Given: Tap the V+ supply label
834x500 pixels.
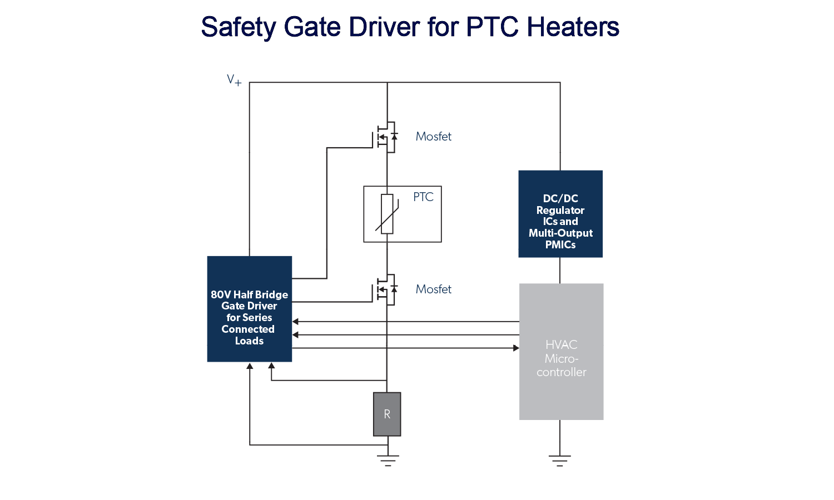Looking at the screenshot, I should [234, 81].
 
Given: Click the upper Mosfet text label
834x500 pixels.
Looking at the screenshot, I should [433, 137].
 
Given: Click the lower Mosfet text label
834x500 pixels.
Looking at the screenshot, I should [433, 289].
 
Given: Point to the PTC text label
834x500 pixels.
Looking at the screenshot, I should [423, 197].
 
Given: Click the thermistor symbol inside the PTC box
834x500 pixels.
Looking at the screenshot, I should [387, 214].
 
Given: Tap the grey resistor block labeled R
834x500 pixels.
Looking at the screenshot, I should [387, 414].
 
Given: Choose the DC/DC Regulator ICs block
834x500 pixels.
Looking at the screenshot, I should [560, 214].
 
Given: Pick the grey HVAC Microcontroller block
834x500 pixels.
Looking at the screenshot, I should [561, 352].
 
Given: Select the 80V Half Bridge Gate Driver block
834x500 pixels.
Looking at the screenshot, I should [249, 309].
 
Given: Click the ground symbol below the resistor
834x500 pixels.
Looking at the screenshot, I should [388, 461].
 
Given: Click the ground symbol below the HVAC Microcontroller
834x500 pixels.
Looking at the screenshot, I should [560, 461].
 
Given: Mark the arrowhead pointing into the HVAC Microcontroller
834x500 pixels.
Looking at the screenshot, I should [516, 348].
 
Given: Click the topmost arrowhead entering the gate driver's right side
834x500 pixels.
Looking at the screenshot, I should [296, 322].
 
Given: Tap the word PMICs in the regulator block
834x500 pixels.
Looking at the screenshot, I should [560, 245].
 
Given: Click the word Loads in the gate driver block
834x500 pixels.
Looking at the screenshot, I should [249, 341].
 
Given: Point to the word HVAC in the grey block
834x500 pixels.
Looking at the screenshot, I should [561, 345].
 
